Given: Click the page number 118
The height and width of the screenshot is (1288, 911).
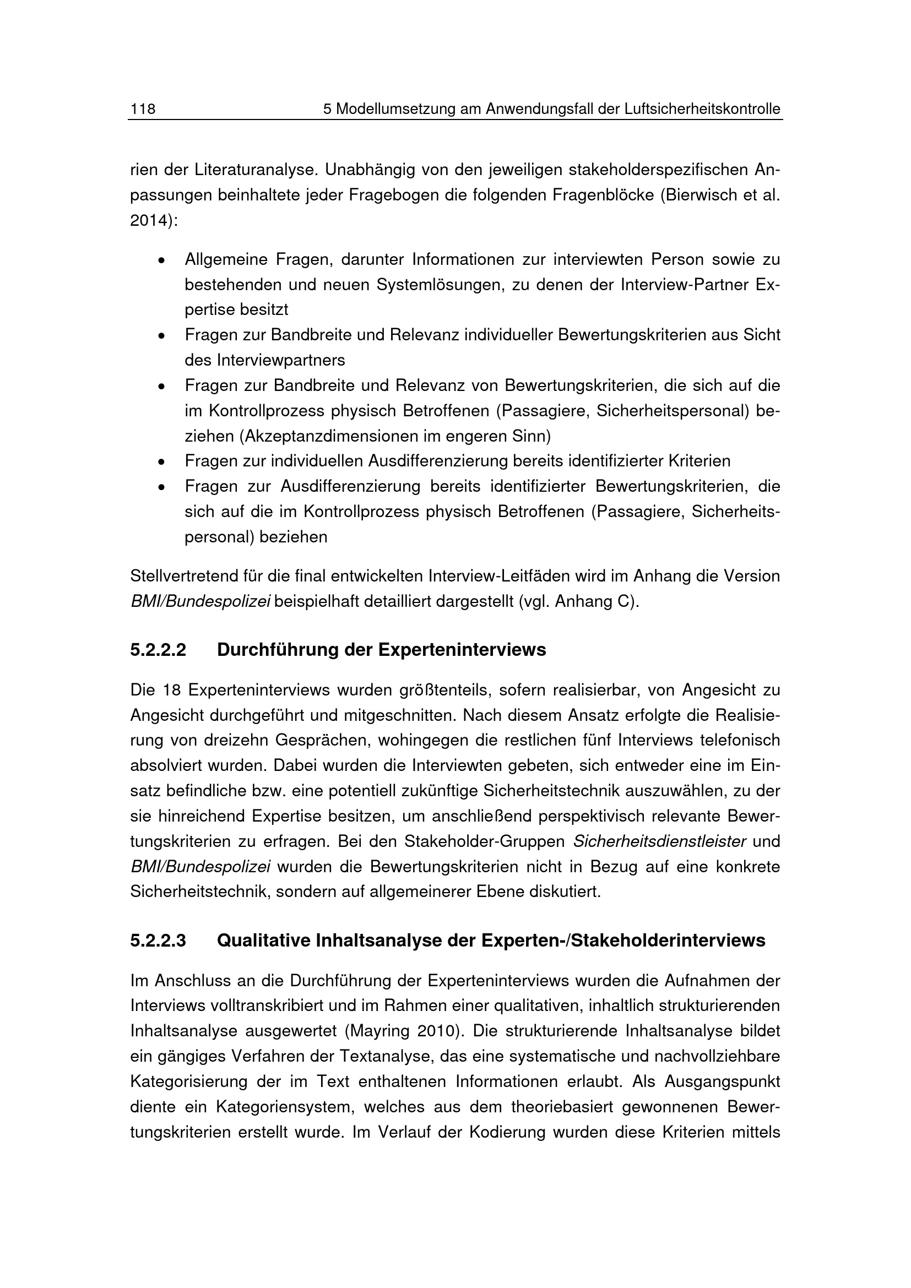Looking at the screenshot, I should [x=143, y=109].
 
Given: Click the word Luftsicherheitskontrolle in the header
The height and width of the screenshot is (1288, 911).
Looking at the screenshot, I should [x=702, y=109].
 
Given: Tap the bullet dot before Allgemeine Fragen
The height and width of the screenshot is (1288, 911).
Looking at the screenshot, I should [x=161, y=261].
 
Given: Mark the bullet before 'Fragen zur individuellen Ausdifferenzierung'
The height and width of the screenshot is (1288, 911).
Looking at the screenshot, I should [x=161, y=462].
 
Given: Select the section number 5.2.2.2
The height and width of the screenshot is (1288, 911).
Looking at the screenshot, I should [x=158, y=650].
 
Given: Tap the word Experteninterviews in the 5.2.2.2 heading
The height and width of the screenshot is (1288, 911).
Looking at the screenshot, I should [x=462, y=650].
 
